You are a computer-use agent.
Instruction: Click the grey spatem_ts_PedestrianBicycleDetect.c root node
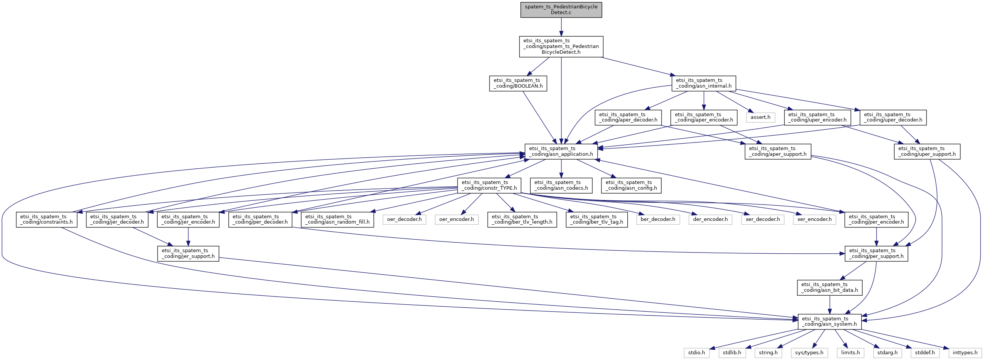click(x=561, y=10)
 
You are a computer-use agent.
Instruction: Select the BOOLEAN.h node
click(x=518, y=83)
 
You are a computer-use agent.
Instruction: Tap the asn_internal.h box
click(x=703, y=83)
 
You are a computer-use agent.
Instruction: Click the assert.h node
click(x=760, y=117)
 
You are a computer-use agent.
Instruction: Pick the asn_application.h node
click(x=561, y=151)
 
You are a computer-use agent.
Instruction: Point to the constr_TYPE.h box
click(x=489, y=186)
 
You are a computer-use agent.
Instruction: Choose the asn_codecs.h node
click(x=561, y=186)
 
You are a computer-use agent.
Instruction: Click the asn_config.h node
click(x=631, y=186)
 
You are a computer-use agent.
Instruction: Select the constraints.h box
click(x=46, y=219)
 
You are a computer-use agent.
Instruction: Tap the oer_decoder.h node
click(x=404, y=219)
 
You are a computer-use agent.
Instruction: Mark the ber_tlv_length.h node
click(x=522, y=219)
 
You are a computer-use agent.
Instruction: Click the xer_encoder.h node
click(x=814, y=219)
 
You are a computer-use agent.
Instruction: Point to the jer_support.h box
click(x=188, y=253)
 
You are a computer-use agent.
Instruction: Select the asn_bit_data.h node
click(x=829, y=287)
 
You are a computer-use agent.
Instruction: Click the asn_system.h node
click(x=829, y=322)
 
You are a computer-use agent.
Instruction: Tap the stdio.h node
click(x=696, y=352)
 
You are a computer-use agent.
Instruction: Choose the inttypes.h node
click(x=965, y=352)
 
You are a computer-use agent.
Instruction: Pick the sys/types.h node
click(x=809, y=352)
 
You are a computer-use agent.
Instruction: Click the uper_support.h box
click(x=927, y=151)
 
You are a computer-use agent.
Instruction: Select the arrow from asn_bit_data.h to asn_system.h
click(x=829, y=305)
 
